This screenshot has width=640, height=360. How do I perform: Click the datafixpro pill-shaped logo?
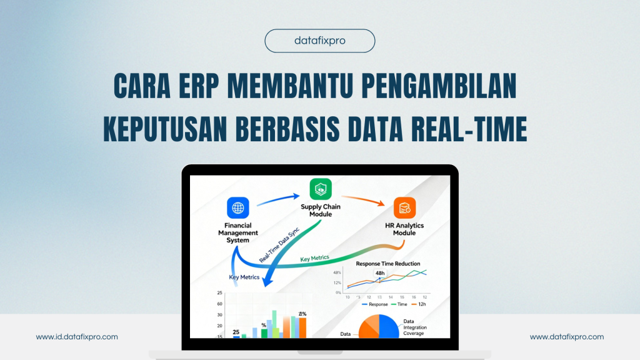tap(320, 41)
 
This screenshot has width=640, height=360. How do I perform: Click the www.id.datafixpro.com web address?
tap(77, 337)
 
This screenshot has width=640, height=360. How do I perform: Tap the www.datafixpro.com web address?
tap(567, 337)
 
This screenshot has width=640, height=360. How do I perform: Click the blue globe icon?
tap(237, 207)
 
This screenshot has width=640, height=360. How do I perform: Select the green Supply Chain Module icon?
tap(321, 189)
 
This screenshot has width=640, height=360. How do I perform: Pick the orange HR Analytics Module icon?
tap(404, 207)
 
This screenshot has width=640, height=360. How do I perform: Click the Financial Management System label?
tap(237, 232)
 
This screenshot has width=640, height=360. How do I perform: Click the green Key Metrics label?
tap(314, 258)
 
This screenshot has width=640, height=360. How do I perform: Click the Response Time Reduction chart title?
tap(387, 264)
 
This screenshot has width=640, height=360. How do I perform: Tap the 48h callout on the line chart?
tap(379, 273)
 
